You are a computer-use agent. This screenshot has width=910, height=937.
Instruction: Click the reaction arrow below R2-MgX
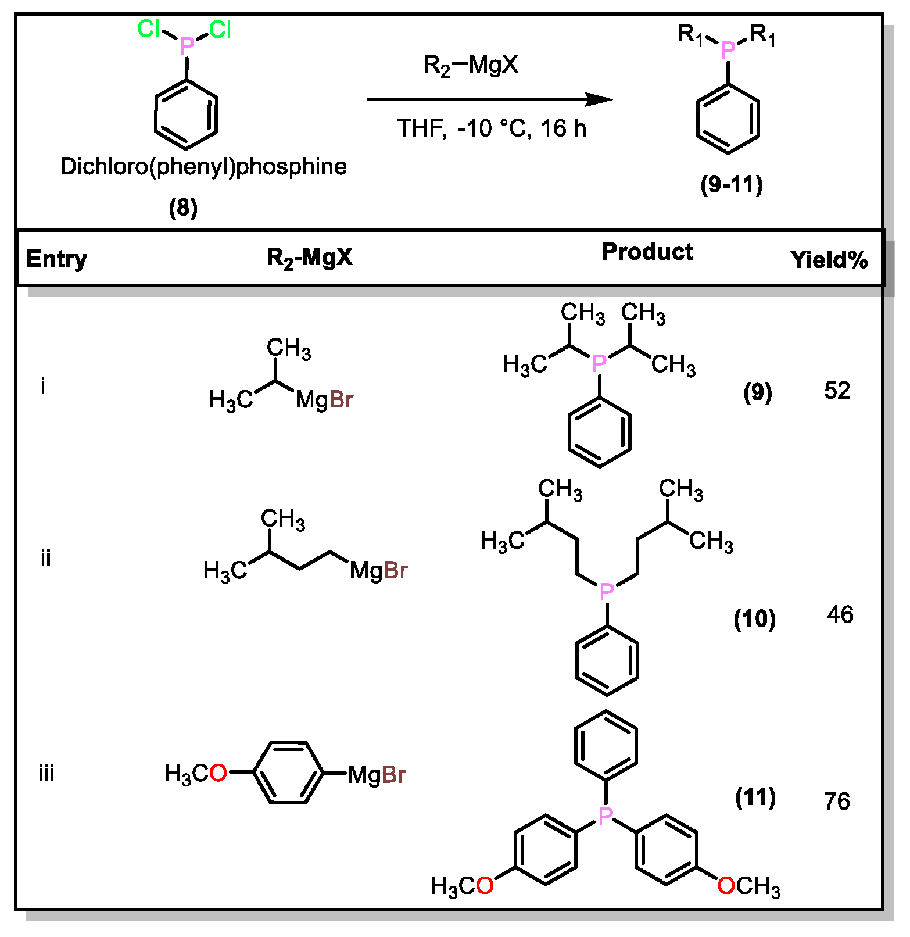[488, 99]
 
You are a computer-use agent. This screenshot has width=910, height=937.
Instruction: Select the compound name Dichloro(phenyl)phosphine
[203, 167]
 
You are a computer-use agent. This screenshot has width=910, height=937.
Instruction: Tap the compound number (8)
[183, 208]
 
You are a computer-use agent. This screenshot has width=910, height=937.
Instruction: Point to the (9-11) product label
[731, 185]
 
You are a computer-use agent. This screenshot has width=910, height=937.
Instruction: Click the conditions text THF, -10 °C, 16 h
[492, 128]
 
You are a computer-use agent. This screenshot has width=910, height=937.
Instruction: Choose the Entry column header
[56, 259]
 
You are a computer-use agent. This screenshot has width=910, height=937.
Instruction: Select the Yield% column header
[829, 260]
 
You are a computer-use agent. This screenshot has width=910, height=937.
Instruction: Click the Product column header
[647, 252]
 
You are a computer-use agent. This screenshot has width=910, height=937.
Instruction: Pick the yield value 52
[837, 391]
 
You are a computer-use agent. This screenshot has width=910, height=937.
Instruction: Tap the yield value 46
[840, 614]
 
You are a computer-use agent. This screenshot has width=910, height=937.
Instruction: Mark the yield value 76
[837, 801]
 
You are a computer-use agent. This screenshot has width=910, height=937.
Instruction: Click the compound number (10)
[754, 619]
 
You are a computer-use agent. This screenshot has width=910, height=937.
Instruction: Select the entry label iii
[46, 774]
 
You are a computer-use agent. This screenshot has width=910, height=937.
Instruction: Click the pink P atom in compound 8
[187, 45]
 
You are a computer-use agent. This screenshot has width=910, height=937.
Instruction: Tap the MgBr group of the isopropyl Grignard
[324, 400]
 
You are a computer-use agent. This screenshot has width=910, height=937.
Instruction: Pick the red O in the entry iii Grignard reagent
[218, 773]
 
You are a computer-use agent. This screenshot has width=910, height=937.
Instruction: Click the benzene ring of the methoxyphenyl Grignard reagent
[288, 773]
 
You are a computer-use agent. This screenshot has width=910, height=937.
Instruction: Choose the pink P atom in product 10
[607, 592]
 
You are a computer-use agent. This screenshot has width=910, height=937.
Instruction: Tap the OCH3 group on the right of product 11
[748, 886]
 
